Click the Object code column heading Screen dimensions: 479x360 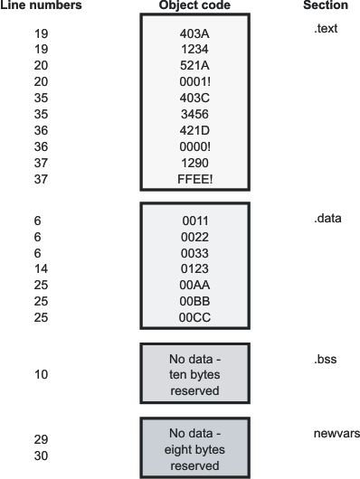click(194, 5)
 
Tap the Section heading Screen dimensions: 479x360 click(325, 5)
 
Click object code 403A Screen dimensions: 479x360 click(194, 33)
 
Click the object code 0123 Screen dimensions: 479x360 click(194, 268)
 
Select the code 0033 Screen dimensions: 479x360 click(194, 252)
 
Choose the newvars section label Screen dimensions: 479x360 click(334, 434)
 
